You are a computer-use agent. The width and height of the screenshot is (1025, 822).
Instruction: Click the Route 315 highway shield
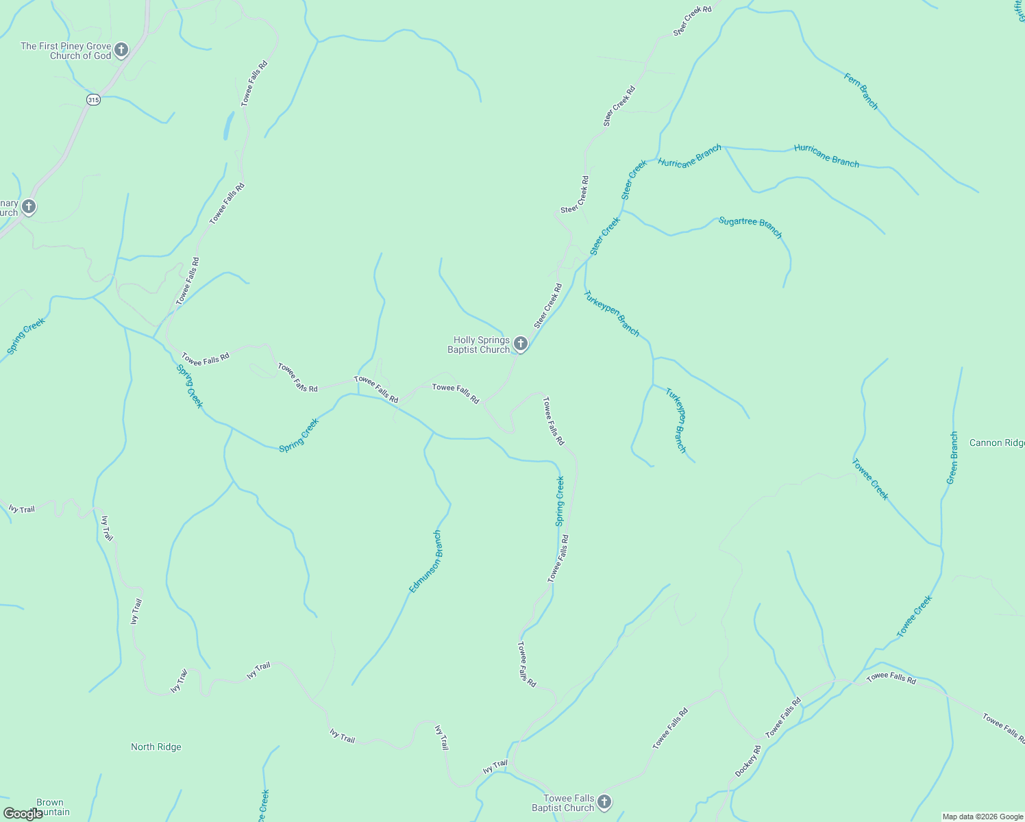click(94, 100)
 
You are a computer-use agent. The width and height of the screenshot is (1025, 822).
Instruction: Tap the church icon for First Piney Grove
click(121, 49)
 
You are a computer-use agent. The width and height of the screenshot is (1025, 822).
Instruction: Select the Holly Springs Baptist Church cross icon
click(521, 343)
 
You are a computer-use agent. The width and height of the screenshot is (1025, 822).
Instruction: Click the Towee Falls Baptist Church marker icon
click(604, 801)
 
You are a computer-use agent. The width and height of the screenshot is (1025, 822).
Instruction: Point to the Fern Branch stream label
click(861, 92)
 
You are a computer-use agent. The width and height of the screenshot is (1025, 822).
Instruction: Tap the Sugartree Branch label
click(750, 227)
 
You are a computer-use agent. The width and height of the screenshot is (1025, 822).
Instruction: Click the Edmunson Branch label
click(425, 562)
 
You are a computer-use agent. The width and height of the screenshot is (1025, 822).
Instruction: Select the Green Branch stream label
click(952, 458)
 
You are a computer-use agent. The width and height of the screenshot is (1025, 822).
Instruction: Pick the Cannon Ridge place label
click(997, 443)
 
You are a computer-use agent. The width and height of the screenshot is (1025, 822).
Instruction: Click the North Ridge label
click(156, 747)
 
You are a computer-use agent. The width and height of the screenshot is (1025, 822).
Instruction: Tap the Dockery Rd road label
click(748, 761)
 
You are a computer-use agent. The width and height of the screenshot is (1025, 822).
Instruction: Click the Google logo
click(23, 813)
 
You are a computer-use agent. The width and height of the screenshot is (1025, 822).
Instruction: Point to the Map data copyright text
click(983, 817)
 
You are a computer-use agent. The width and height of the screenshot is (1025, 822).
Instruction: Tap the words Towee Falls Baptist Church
click(563, 803)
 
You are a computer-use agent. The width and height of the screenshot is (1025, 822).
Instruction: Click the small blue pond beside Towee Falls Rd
click(227, 126)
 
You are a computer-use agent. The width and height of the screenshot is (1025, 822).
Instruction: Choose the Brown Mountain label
click(49, 807)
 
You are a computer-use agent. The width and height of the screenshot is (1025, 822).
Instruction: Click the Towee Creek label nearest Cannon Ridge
click(870, 479)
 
